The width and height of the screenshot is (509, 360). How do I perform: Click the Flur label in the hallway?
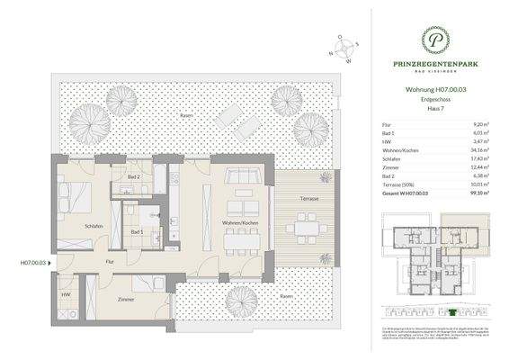point(109,261)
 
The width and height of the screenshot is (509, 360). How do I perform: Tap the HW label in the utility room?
point(66,293)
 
